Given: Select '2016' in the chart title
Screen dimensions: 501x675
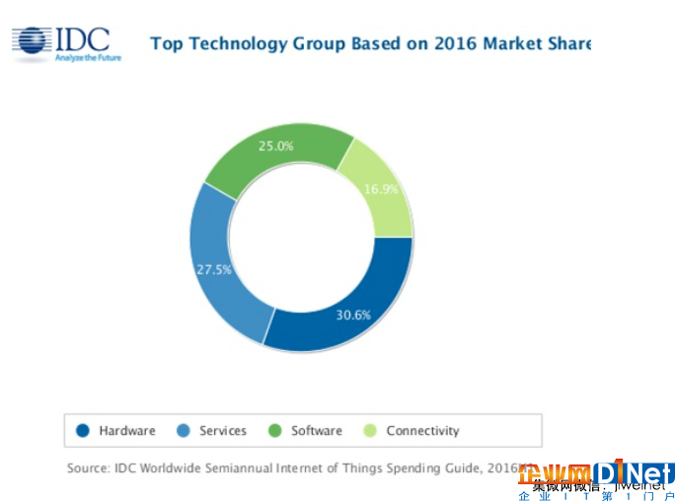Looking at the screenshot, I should pyautogui.click(x=438, y=43).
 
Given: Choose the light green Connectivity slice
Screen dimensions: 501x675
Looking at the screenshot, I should pyautogui.click(x=380, y=187).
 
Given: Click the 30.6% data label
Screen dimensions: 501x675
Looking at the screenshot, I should pyautogui.click(x=352, y=316).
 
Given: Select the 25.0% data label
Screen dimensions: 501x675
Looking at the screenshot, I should pyautogui.click(x=276, y=146).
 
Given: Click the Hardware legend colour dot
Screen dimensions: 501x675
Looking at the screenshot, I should pyautogui.click(x=83, y=431).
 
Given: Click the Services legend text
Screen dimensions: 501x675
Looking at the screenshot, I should pyautogui.click(x=223, y=431).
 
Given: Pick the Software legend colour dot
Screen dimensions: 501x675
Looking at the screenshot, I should pyautogui.click(x=275, y=431).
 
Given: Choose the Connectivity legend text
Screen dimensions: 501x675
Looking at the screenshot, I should pyautogui.click(x=422, y=431).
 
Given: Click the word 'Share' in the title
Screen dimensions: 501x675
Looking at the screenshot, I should pyautogui.click(x=568, y=43).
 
